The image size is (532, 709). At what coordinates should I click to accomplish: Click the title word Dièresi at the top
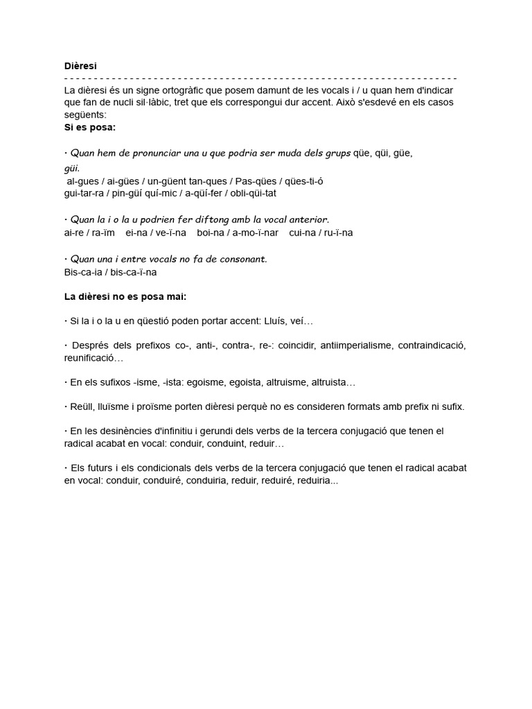tap(80, 66)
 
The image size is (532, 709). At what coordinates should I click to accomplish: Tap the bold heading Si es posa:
tap(89, 128)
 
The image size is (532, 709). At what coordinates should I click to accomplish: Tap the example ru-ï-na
tap(338, 233)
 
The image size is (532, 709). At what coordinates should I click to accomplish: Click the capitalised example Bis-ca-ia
tap(81, 272)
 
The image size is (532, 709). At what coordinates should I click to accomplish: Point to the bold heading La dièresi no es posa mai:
tap(125, 296)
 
